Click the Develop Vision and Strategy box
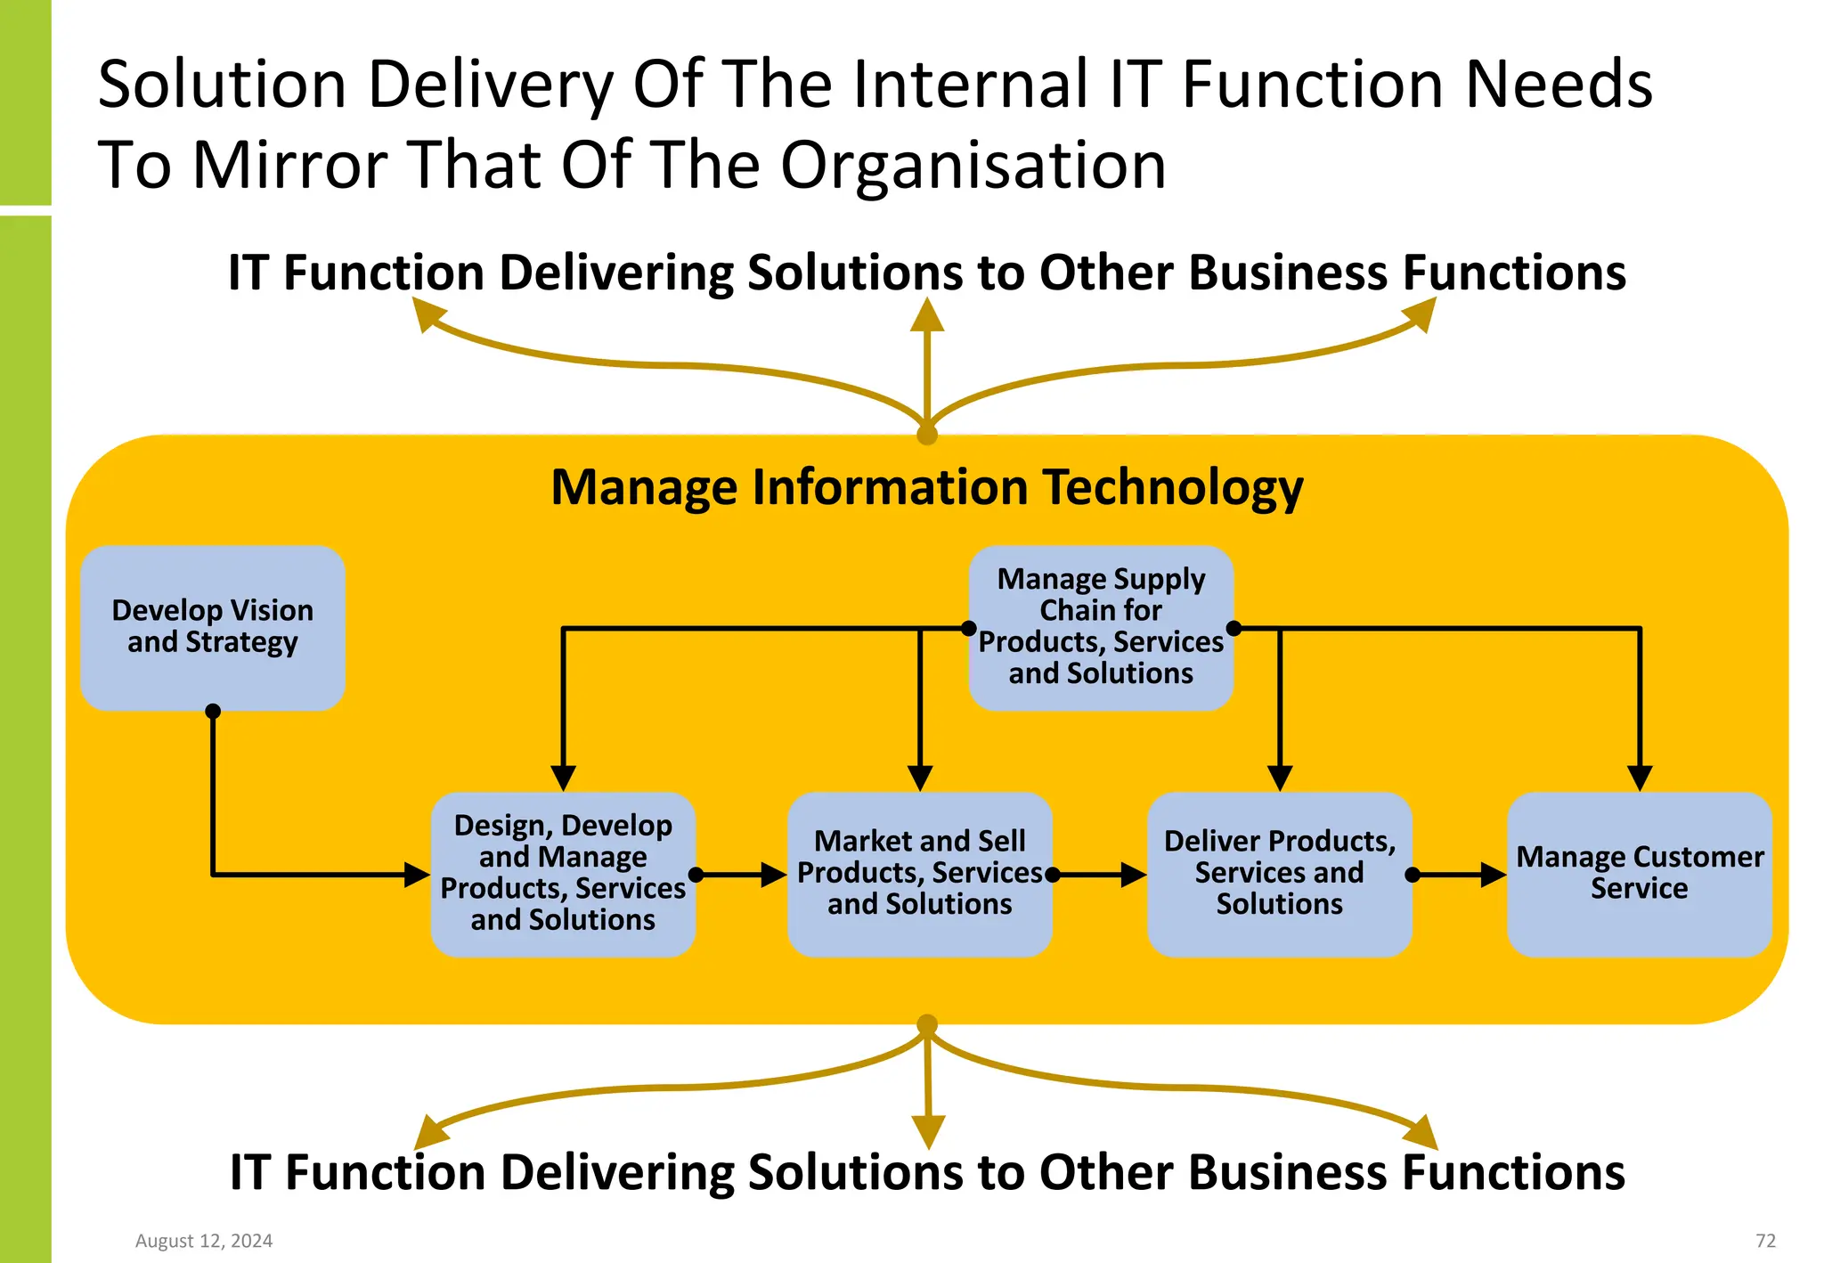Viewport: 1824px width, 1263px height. tap(212, 627)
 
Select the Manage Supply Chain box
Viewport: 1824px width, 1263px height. tap(1101, 627)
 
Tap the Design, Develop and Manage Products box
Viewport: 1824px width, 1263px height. tap(563, 874)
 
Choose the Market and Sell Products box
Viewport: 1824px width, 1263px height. tap(919, 874)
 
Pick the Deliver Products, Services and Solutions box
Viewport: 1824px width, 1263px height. tap(1279, 874)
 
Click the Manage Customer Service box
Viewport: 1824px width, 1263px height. tap(1639, 874)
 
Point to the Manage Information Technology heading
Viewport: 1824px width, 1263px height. tap(926, 487)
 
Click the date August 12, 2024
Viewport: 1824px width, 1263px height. tap(204, 1241)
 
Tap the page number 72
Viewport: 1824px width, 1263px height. tap(1765, 1241)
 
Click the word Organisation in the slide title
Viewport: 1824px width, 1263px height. tap(973, 166)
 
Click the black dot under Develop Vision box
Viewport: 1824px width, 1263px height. tap(213, 711)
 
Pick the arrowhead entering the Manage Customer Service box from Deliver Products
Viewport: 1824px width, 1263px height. tap(1493, 875)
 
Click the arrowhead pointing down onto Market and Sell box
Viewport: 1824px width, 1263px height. tap(920, 778)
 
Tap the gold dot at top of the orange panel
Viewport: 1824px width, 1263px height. tap(927, 435)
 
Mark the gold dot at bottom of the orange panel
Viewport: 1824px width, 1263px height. tap(927, 1024)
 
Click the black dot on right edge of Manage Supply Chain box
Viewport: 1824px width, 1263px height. tap(1234, 629)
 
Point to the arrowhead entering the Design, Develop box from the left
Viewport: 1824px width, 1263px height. tap(417, 875)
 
